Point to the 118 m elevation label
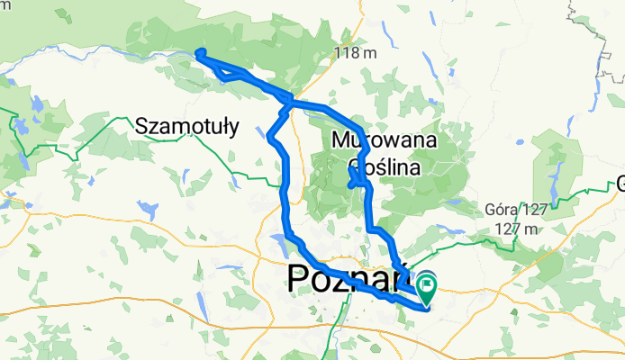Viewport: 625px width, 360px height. (x=355, y=53)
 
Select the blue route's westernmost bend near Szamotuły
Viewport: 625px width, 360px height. (x=270, y=136)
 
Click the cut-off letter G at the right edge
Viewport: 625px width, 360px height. (x=620, y=187)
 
